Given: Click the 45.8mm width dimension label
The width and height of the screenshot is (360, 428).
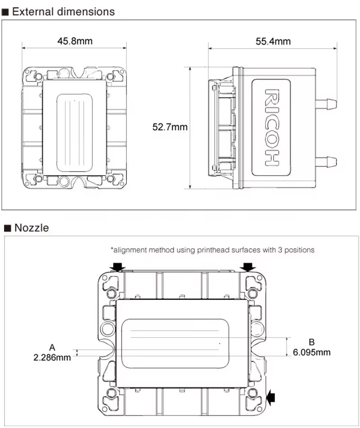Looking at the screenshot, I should [x=75, y=41].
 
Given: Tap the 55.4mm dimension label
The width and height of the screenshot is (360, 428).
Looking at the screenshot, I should [x=273, y=41].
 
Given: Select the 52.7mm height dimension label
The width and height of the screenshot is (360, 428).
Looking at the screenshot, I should [x=170, y=127].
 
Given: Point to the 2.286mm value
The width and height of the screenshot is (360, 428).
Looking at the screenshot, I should [x=52, y=358].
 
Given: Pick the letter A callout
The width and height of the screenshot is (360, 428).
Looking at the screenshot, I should [x=52, y=347].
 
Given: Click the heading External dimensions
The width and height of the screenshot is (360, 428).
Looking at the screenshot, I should [x=63, y=12].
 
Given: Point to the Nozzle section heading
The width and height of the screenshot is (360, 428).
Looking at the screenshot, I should [x=31, y=228].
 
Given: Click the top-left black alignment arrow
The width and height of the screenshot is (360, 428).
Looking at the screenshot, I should [x=118, y=267].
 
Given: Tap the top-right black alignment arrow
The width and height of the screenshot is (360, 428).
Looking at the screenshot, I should [x=248, y=267].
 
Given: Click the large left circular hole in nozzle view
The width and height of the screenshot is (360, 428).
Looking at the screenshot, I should [x=108, y=329].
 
